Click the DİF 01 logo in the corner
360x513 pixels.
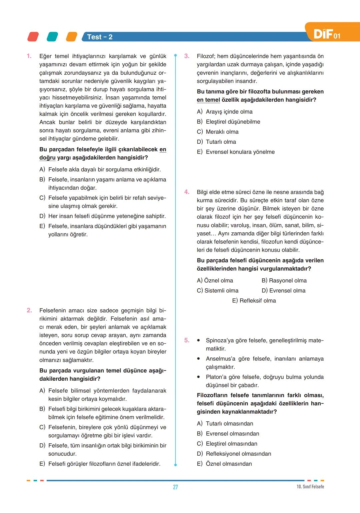point(327,34)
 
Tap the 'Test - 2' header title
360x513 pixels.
point(100,37)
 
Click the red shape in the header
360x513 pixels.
point(33,37)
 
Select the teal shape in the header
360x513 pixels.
point(52,37)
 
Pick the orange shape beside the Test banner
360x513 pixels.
point(71,37)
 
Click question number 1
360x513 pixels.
point(29,56)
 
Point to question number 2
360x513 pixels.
point(29,310)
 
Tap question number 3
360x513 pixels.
point(187,56)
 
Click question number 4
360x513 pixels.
point(187,192)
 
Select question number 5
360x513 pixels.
point(187,340)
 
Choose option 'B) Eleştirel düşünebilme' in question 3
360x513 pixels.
point(228,122)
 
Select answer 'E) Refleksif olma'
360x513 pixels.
point(254,301)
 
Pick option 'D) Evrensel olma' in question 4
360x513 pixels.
point(283,291)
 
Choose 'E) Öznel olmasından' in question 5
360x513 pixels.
point(224,464)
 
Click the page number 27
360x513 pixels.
point(175,487)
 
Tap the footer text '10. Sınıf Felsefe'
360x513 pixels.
point(310,487)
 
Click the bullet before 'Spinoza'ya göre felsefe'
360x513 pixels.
point(199,341)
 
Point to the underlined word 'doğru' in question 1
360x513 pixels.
point(47,158)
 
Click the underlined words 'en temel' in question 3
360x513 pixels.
point(208,100)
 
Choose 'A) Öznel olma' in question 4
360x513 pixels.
point(215,281)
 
